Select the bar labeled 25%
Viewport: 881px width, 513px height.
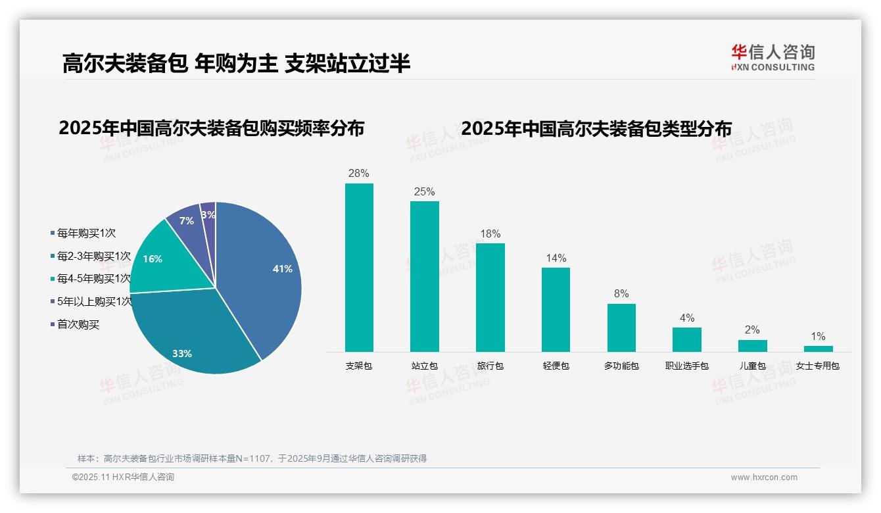[x=424, y=276]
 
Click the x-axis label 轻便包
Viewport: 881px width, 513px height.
[x=556, y=366]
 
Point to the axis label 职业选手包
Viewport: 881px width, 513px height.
[x=687, y=366]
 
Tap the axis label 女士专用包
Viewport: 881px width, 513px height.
[x=818, y=366]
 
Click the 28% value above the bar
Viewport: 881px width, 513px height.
[x=359, y=174]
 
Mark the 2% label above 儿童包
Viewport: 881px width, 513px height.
[x=752, y=330]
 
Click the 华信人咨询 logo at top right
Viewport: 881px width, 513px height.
[x=773, y=57]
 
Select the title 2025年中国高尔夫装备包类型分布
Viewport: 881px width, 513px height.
[x=596, y=129]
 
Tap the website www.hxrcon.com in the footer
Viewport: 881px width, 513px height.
[x=764, y=477]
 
